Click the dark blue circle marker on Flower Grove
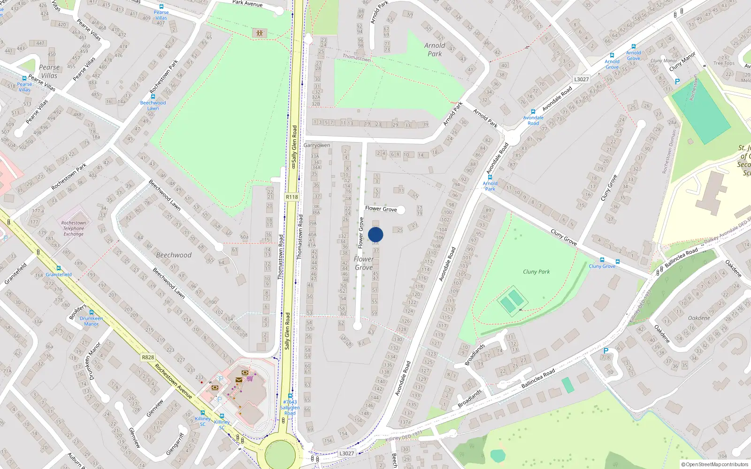point(375,234)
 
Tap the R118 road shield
point(292,197)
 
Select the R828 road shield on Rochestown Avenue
point(148,357)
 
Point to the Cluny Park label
point(536,272)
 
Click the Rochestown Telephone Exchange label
point(74,228)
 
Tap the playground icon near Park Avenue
point(259,33)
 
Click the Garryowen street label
point(316,145)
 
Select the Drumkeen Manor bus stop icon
point(92,312)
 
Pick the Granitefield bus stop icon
point(59,268)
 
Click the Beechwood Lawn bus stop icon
point(153,97)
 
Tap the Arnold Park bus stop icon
point(490,178)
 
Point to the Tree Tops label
point(724,63)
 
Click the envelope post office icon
point(239,380)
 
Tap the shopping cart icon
point(250,378)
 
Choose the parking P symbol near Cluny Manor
point(677,82)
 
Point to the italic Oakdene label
point(699,318)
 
